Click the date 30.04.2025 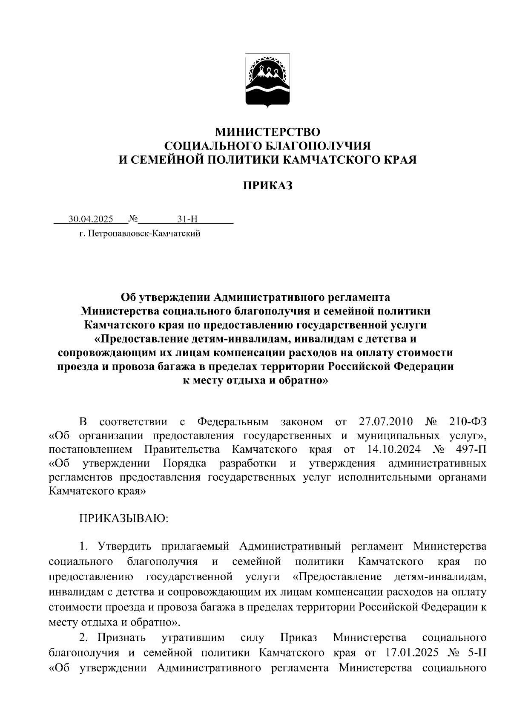click(x=91, y=219)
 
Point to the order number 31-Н click(x=188, y=219)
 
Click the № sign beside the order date click(x=132, y=219)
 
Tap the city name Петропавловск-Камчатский click(x=144, y=233)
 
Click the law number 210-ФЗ click(x=467, y=422)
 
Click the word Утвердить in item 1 click(x=121, y=547)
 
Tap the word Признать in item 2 click(x=121, y=638)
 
